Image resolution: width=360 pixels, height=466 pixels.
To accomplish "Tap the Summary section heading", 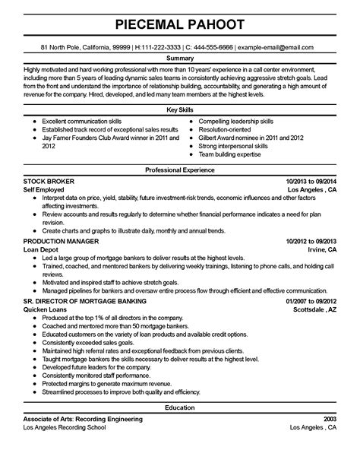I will click(x=180, y=58).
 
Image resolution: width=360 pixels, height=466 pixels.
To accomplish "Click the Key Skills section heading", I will click(x=180, y=110).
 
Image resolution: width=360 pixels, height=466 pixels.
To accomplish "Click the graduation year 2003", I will click(x=329, y=442).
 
